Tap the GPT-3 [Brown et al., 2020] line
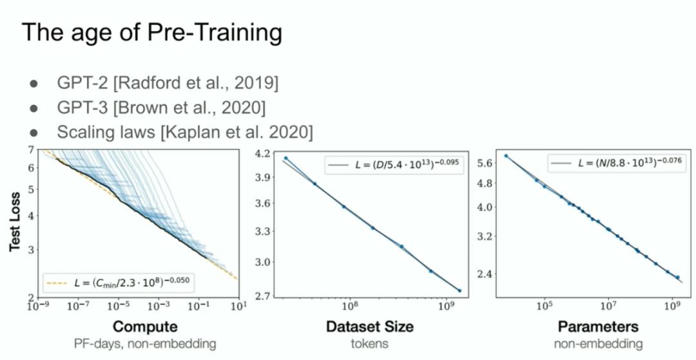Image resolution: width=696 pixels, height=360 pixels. (162, 108)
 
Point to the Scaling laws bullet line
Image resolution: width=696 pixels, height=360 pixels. (185, 132)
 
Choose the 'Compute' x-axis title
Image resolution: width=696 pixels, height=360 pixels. (145, 327)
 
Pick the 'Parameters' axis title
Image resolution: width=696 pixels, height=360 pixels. (598, 327)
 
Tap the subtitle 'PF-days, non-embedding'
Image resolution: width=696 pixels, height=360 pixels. (145, 343)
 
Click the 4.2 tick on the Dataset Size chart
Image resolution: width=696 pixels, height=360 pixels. (262, 155)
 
